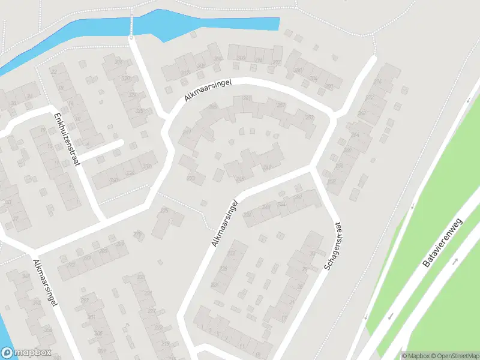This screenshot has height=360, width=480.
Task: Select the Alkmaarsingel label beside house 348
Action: click(45, 283)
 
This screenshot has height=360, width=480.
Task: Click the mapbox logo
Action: click(26, 353)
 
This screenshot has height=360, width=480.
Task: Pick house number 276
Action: click(377, 82)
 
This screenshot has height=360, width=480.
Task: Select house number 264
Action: click(355, 135)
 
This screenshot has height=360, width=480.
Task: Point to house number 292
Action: click(277, 62)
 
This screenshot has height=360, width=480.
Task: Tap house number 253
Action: click(281, 105)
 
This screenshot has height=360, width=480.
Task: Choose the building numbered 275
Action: click(164, 210)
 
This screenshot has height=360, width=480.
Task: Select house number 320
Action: click(125, 79)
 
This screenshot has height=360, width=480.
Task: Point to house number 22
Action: click(55, 72)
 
